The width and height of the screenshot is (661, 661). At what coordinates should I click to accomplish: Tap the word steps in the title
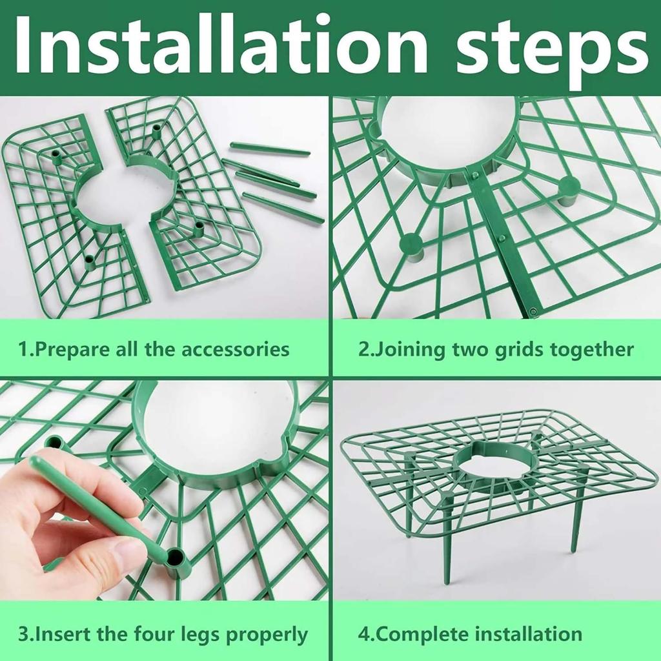coord(551,50)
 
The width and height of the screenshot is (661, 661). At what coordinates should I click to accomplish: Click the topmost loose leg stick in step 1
coord(270,148)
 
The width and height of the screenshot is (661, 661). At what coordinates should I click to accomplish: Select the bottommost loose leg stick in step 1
coord(283,207)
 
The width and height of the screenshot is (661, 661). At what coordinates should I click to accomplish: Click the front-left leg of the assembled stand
coord(448,540)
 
